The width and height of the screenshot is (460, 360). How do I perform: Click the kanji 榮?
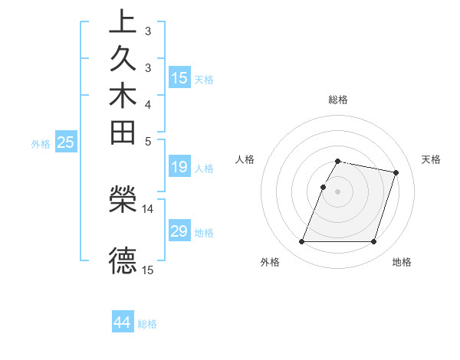pyautogui.click(x=123, y=199)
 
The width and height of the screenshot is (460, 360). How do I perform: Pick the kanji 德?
pyautogui.click(x=123, y=260)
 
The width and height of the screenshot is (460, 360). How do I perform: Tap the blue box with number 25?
pyautogui.click(x=66, y=142)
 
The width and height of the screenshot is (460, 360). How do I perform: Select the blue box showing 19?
pyautogui.click(x=179, y=166)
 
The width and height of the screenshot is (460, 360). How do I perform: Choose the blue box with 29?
pyautogui.click(x=179, y=231)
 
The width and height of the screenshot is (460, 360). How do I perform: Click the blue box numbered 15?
pyautogui.click(x=179, y=77)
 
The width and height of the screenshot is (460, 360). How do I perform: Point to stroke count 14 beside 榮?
pyautogui.click(x=148, y=208)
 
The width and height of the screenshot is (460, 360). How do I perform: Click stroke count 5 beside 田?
pyautogui.click(x=148, y=141)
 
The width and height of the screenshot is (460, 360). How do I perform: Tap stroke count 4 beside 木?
pyautogui.click(x=148, y=104)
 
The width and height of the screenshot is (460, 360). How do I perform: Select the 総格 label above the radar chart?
pyautogui.click(x=338, y=100)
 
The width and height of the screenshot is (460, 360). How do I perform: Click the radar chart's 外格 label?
pyautogui.click(x=270, y=262)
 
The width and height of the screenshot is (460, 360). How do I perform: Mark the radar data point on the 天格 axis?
pyautogui.click(x=396, y=173)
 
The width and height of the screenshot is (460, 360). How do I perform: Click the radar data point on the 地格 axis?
pyautogui.click(x=373, y=242)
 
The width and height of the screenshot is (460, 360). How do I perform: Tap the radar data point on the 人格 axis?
pyautogui.click(x=324, y=187)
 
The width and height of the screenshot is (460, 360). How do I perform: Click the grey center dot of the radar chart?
pyautogui.click(x=338, y=191)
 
